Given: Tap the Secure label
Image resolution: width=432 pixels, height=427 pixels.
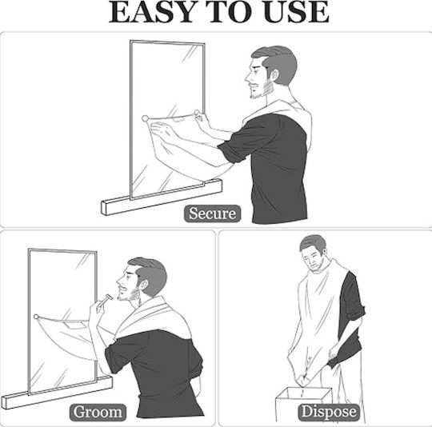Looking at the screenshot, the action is pyautogui.click(x=213, y=213).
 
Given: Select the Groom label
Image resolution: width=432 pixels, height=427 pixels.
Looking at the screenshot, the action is pyautogui.click(x=98, y=412).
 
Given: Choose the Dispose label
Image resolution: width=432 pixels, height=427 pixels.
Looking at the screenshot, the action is pyautogui.click(x=329, y=412).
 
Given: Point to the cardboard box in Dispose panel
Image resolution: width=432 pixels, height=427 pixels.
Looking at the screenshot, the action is pyautogui.click(x=303, y=405).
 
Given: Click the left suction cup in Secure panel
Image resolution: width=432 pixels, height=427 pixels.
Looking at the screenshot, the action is pyautogui.click(x=145, y=118).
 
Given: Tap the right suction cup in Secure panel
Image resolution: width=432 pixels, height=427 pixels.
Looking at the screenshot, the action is pyautogui.click(x=197, y=113).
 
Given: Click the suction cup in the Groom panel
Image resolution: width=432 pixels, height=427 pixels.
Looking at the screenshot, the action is pyautogui.click(x=36, y=317).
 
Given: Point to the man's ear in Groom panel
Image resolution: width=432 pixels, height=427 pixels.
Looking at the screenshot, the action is pyautogui.click(x=143, y=285).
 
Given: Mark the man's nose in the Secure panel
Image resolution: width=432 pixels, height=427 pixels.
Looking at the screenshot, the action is pyautogui.click(x=247, y=78).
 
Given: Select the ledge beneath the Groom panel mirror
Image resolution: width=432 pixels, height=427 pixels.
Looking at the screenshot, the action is pyautogui.click(x=57, y=393).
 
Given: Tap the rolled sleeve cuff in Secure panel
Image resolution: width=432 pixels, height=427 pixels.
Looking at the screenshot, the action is pyautogui.click(x=231, y=152).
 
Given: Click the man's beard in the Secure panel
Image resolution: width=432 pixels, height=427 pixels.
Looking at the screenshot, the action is pyautogui.click(x=260, y=91).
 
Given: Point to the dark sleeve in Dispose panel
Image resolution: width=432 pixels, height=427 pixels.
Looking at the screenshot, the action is pyautogui.click(x=350, y=317).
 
